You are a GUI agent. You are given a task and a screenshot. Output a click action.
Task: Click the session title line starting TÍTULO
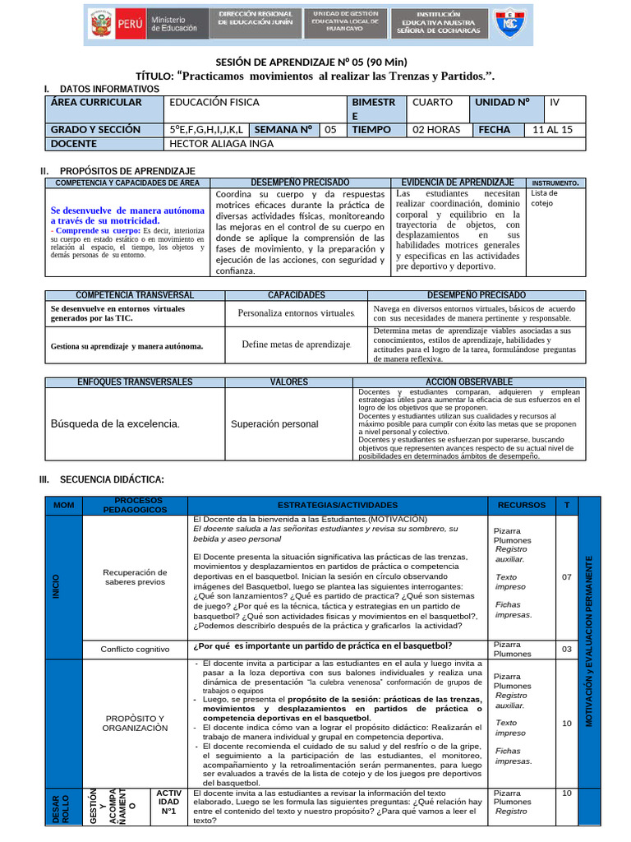[x=315, y=75]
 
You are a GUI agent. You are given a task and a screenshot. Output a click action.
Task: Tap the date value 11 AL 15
[x=554, y=130]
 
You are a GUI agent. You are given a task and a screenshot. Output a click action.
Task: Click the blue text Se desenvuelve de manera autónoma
[x=127, y=215]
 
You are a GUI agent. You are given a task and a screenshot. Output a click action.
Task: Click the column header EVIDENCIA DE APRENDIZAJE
[x=458, y=183]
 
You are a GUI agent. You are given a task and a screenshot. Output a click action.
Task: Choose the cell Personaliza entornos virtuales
[x=296, y=313]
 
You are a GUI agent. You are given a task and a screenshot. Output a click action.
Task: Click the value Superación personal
[x=274, y=424]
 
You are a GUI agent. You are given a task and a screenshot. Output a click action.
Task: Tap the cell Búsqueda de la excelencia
[x=115, y=423]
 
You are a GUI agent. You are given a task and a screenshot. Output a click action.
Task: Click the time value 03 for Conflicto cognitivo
[x=566, y=650]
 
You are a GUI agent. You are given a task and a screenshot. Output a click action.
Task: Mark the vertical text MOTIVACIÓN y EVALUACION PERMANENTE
[x=590, y=641]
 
